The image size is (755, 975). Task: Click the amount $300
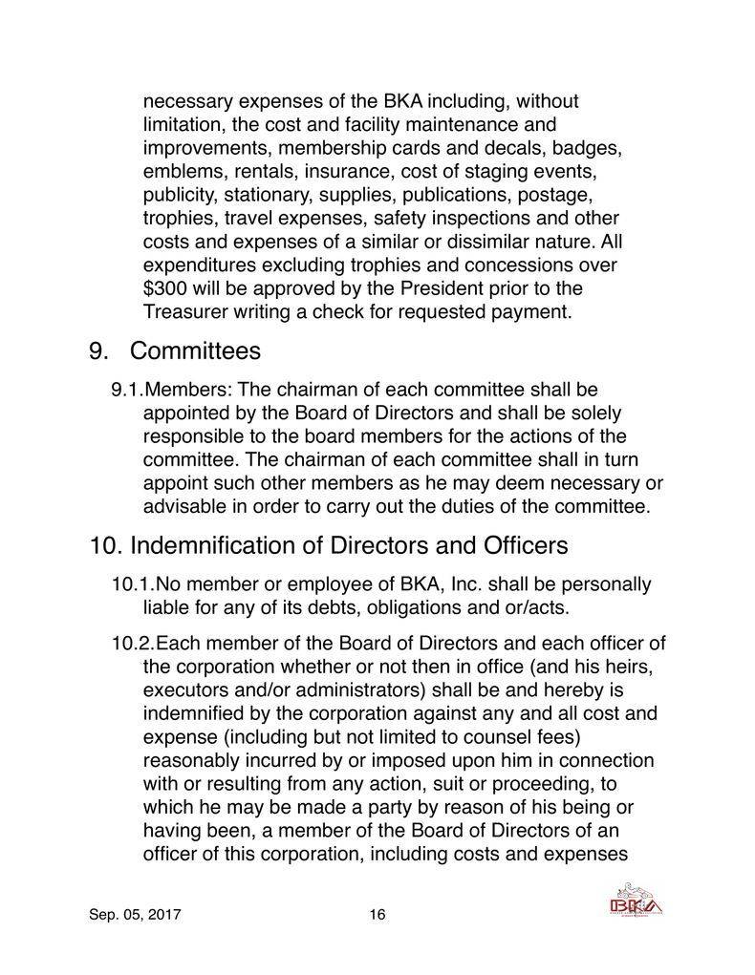165,288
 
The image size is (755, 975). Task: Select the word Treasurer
186,312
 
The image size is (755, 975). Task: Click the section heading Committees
195,351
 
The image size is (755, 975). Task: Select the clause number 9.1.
126,391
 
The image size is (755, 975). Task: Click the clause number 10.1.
133,583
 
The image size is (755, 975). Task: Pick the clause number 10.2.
133,646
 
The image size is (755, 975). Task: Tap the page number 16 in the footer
377,915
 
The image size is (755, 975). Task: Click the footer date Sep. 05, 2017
136,915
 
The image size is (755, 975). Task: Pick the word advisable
183,506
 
